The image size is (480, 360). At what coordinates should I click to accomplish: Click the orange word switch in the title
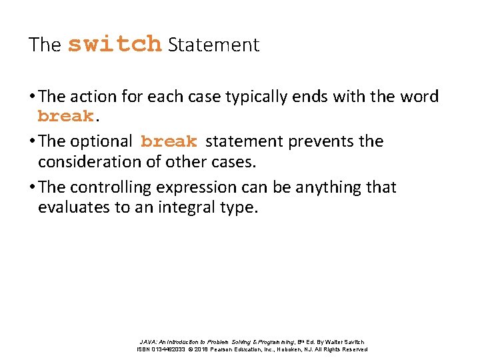pyautogui.click(x=115, y=44)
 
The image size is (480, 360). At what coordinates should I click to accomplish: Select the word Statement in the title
pyautogui.click(x=213, y=45)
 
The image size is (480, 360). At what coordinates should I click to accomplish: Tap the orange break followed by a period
pyautogui.click(x=65, y=116)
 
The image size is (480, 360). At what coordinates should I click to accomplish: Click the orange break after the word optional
pyautogui.click(x=169, y=141)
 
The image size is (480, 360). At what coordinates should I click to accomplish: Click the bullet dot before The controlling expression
pyautogui.click(x=32, y=187)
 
